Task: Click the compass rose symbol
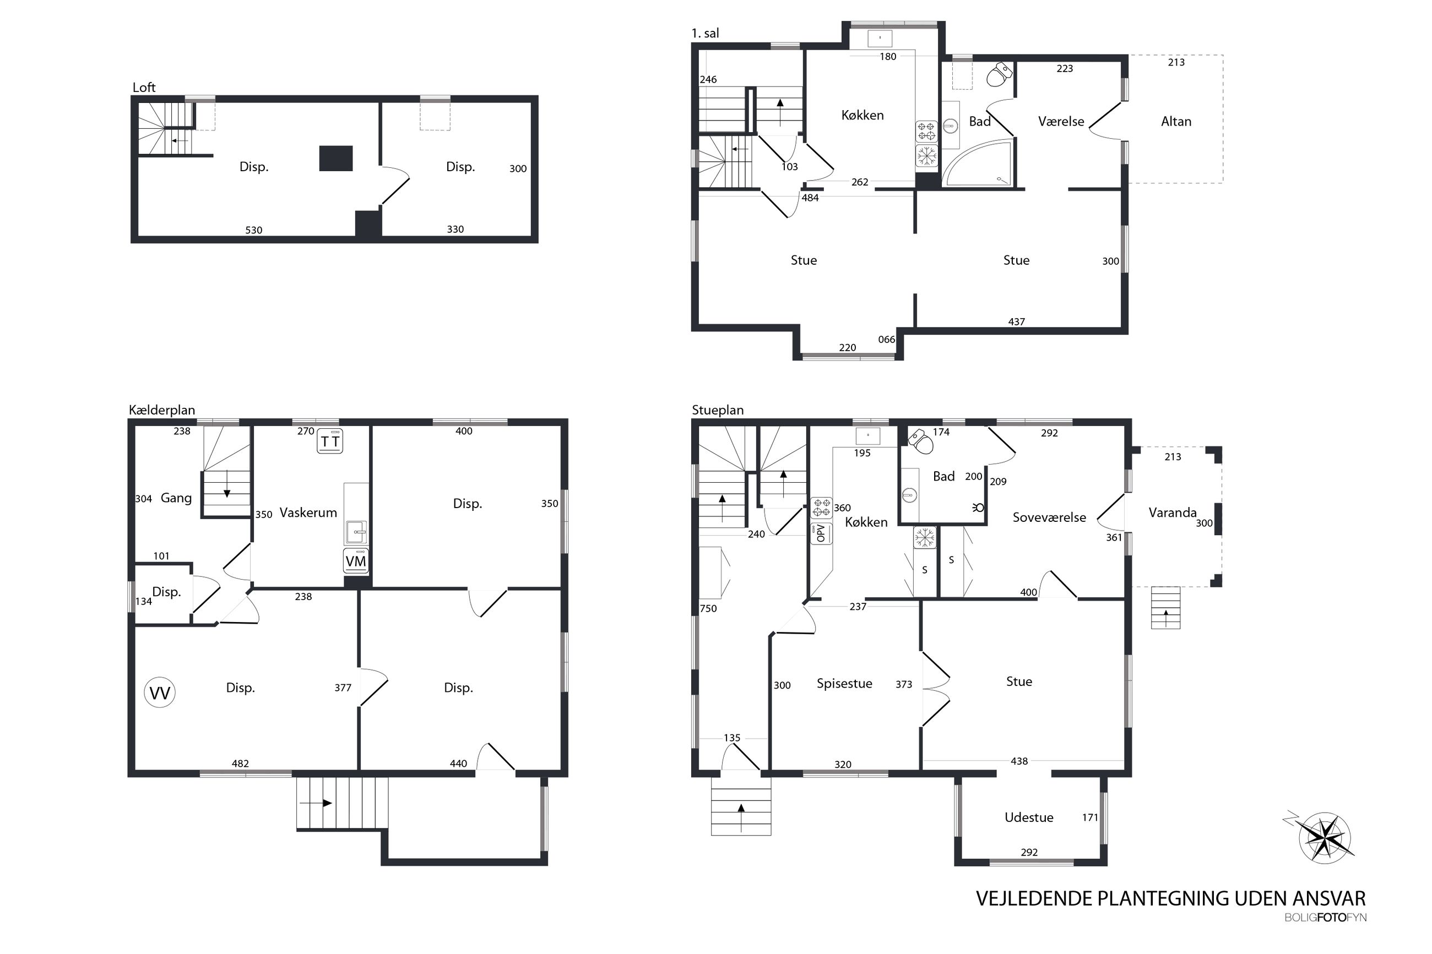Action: tap(1324, 838)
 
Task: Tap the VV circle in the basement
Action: tap(160, 693)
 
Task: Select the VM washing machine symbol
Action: tap(355, 561)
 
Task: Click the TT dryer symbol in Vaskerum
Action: tap(330, 441)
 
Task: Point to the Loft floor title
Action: tap(144, 87)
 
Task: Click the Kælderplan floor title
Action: tap(162, 410)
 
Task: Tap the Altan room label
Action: tap(1176, 121)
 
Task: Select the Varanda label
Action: tap(1172, 513)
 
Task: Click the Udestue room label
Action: tap(1028, 817)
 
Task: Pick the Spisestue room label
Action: tap(844, 683)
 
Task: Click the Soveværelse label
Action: tap(1049, 517)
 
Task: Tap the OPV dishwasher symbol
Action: tap(821, 533)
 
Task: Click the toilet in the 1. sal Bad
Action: tap(999, 74)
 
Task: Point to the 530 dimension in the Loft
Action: tap(254, 230)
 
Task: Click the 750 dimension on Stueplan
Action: tap(708, 608)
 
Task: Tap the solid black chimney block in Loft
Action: tap(336, 158)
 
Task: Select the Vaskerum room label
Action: tap(308, 513)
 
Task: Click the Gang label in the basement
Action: tap(176, 498)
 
